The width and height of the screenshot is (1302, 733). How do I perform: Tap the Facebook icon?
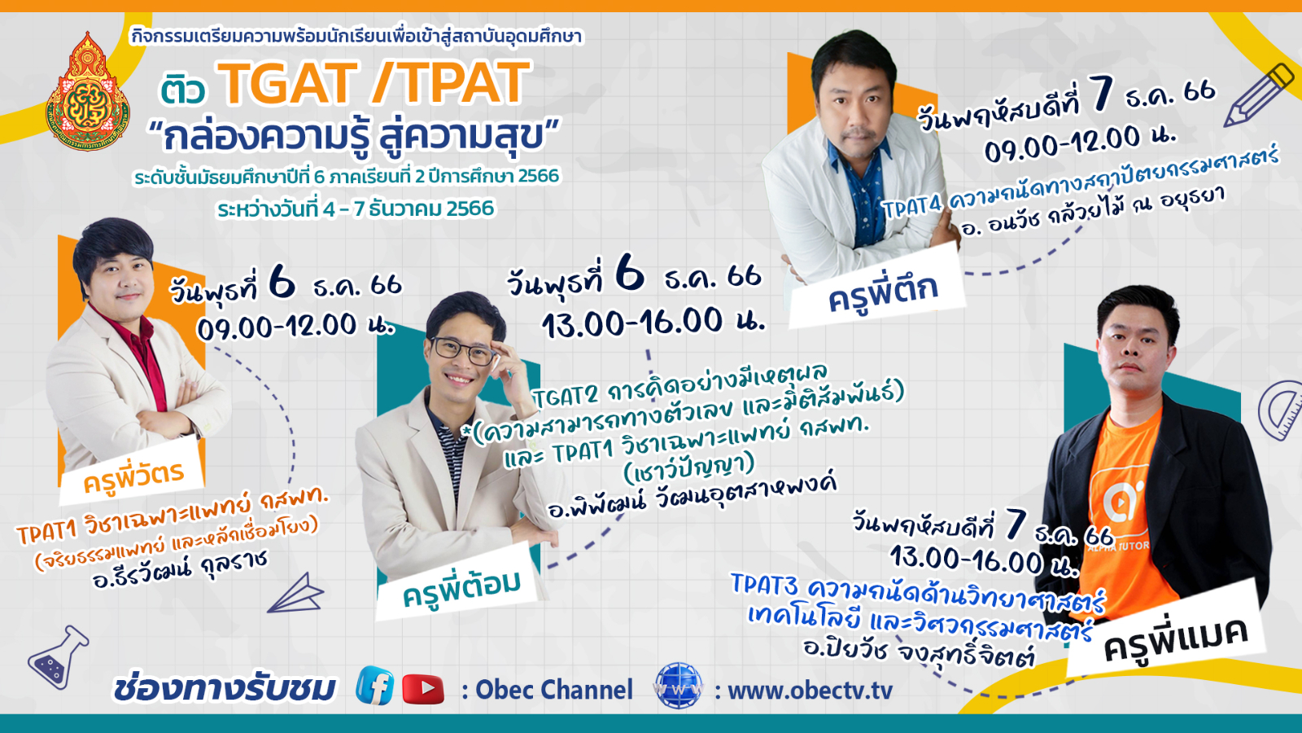(x=375, y=687)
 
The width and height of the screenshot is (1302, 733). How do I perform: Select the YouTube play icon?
(x=423, y=689)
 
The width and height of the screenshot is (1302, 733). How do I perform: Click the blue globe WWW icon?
(x=679, y=686)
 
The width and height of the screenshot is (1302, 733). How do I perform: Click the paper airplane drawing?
(x=296, y=594)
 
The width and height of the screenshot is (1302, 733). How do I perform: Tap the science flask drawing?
(x=59, y=656)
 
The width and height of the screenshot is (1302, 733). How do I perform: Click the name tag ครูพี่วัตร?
(x=133, y=476)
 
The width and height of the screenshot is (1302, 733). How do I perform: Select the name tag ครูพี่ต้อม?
(x=461, y=587)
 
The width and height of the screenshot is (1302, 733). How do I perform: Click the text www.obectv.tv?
(x=810, y=691)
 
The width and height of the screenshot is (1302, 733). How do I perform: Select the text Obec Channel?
(x=553, y=690)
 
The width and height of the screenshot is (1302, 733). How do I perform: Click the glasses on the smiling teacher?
(x=463, y=349)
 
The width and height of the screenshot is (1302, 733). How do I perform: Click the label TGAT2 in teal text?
(x=566, y=397)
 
